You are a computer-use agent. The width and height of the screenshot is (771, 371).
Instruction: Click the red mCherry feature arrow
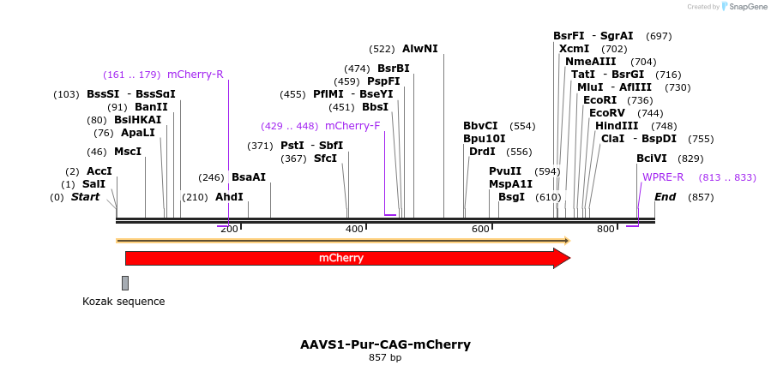pos(343,258)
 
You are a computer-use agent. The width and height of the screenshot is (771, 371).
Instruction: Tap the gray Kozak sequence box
pos(125,283)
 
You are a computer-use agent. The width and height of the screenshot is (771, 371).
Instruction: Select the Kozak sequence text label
pos(123,302)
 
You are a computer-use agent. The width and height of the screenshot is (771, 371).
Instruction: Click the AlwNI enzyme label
pos(419,49)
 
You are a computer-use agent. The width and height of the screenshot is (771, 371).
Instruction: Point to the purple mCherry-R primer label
pos(196,75)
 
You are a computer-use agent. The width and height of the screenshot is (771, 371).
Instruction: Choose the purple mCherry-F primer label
pos(352,126)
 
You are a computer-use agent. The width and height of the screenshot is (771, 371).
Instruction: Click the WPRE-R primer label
pos(663,177)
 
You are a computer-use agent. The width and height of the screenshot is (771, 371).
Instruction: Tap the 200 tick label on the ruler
pos(229,229)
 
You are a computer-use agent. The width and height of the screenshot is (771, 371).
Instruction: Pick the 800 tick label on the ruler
pos(605,229)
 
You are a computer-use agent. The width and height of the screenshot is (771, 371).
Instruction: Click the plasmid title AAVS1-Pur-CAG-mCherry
pos(385,344)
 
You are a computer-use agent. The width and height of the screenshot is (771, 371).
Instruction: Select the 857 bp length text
pos(385,357)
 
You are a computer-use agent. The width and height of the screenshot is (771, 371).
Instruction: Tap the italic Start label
pos(85,197)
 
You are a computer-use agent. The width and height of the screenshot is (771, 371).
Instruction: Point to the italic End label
pos(665,197)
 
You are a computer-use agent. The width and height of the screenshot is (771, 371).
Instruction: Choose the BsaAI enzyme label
pos(249,177)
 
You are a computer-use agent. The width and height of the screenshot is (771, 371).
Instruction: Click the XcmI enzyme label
pos(573,49)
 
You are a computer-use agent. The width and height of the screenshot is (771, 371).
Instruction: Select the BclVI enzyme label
pos(652,159)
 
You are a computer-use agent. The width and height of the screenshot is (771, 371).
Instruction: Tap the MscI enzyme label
pos(128,152)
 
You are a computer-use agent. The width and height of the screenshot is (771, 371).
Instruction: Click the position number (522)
pos(382,49)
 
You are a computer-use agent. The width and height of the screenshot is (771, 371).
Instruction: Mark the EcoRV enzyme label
pos(606,113)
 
